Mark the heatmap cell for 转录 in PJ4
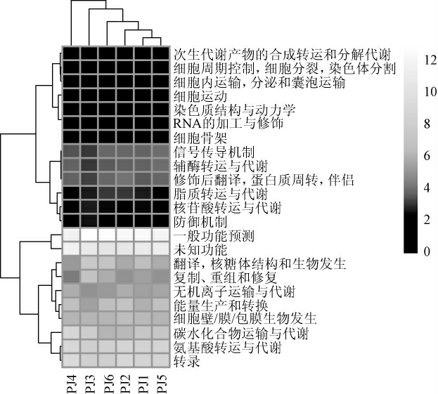tap(72, 360)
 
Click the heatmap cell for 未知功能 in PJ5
tap(162, 248)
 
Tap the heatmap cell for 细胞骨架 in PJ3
tap(89, 137)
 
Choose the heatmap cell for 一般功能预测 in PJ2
tap(125, 234)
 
